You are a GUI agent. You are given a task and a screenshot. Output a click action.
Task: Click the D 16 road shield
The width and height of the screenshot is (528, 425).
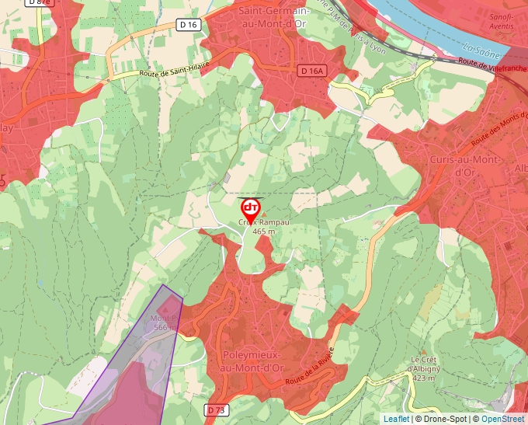[189, 25]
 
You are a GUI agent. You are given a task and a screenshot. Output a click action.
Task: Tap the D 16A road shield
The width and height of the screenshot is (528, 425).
[311, 71]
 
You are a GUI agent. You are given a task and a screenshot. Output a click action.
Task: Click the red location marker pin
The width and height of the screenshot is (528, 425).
[251, 210]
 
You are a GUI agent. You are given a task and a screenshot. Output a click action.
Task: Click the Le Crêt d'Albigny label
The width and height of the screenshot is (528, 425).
[436, 364]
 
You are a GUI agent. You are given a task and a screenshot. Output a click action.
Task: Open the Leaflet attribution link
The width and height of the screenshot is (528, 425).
[396, 419]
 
